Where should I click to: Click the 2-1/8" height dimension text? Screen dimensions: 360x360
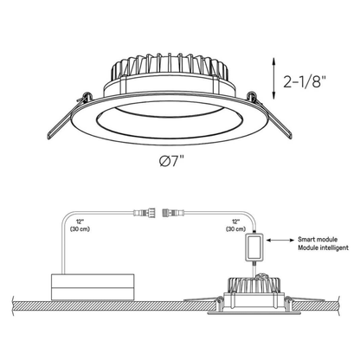(305, 82)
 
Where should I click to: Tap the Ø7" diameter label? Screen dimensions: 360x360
(171, 161)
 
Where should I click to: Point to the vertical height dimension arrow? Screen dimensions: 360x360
(273, 79)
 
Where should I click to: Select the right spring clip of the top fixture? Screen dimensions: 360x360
(270, 115)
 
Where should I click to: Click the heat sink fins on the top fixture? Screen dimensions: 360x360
(170, 66)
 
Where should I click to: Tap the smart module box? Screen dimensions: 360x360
(254, 247)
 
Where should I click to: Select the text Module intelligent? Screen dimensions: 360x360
(323, 247)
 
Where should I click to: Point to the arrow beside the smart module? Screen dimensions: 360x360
(280, 240)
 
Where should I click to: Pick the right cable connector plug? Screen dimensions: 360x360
(173, 214)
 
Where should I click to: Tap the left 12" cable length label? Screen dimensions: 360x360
(80, 222)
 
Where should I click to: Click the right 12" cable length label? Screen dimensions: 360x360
(235, 222)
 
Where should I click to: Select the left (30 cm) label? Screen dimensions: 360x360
(80, 229)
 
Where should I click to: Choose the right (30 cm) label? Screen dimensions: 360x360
(235, 229)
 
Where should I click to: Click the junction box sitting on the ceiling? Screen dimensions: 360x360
(93, 287)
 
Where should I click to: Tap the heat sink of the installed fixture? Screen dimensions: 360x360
(254, 285)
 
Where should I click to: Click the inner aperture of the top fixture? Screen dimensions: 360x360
(170, 120)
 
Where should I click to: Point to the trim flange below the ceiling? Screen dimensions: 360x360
(254, 312)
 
